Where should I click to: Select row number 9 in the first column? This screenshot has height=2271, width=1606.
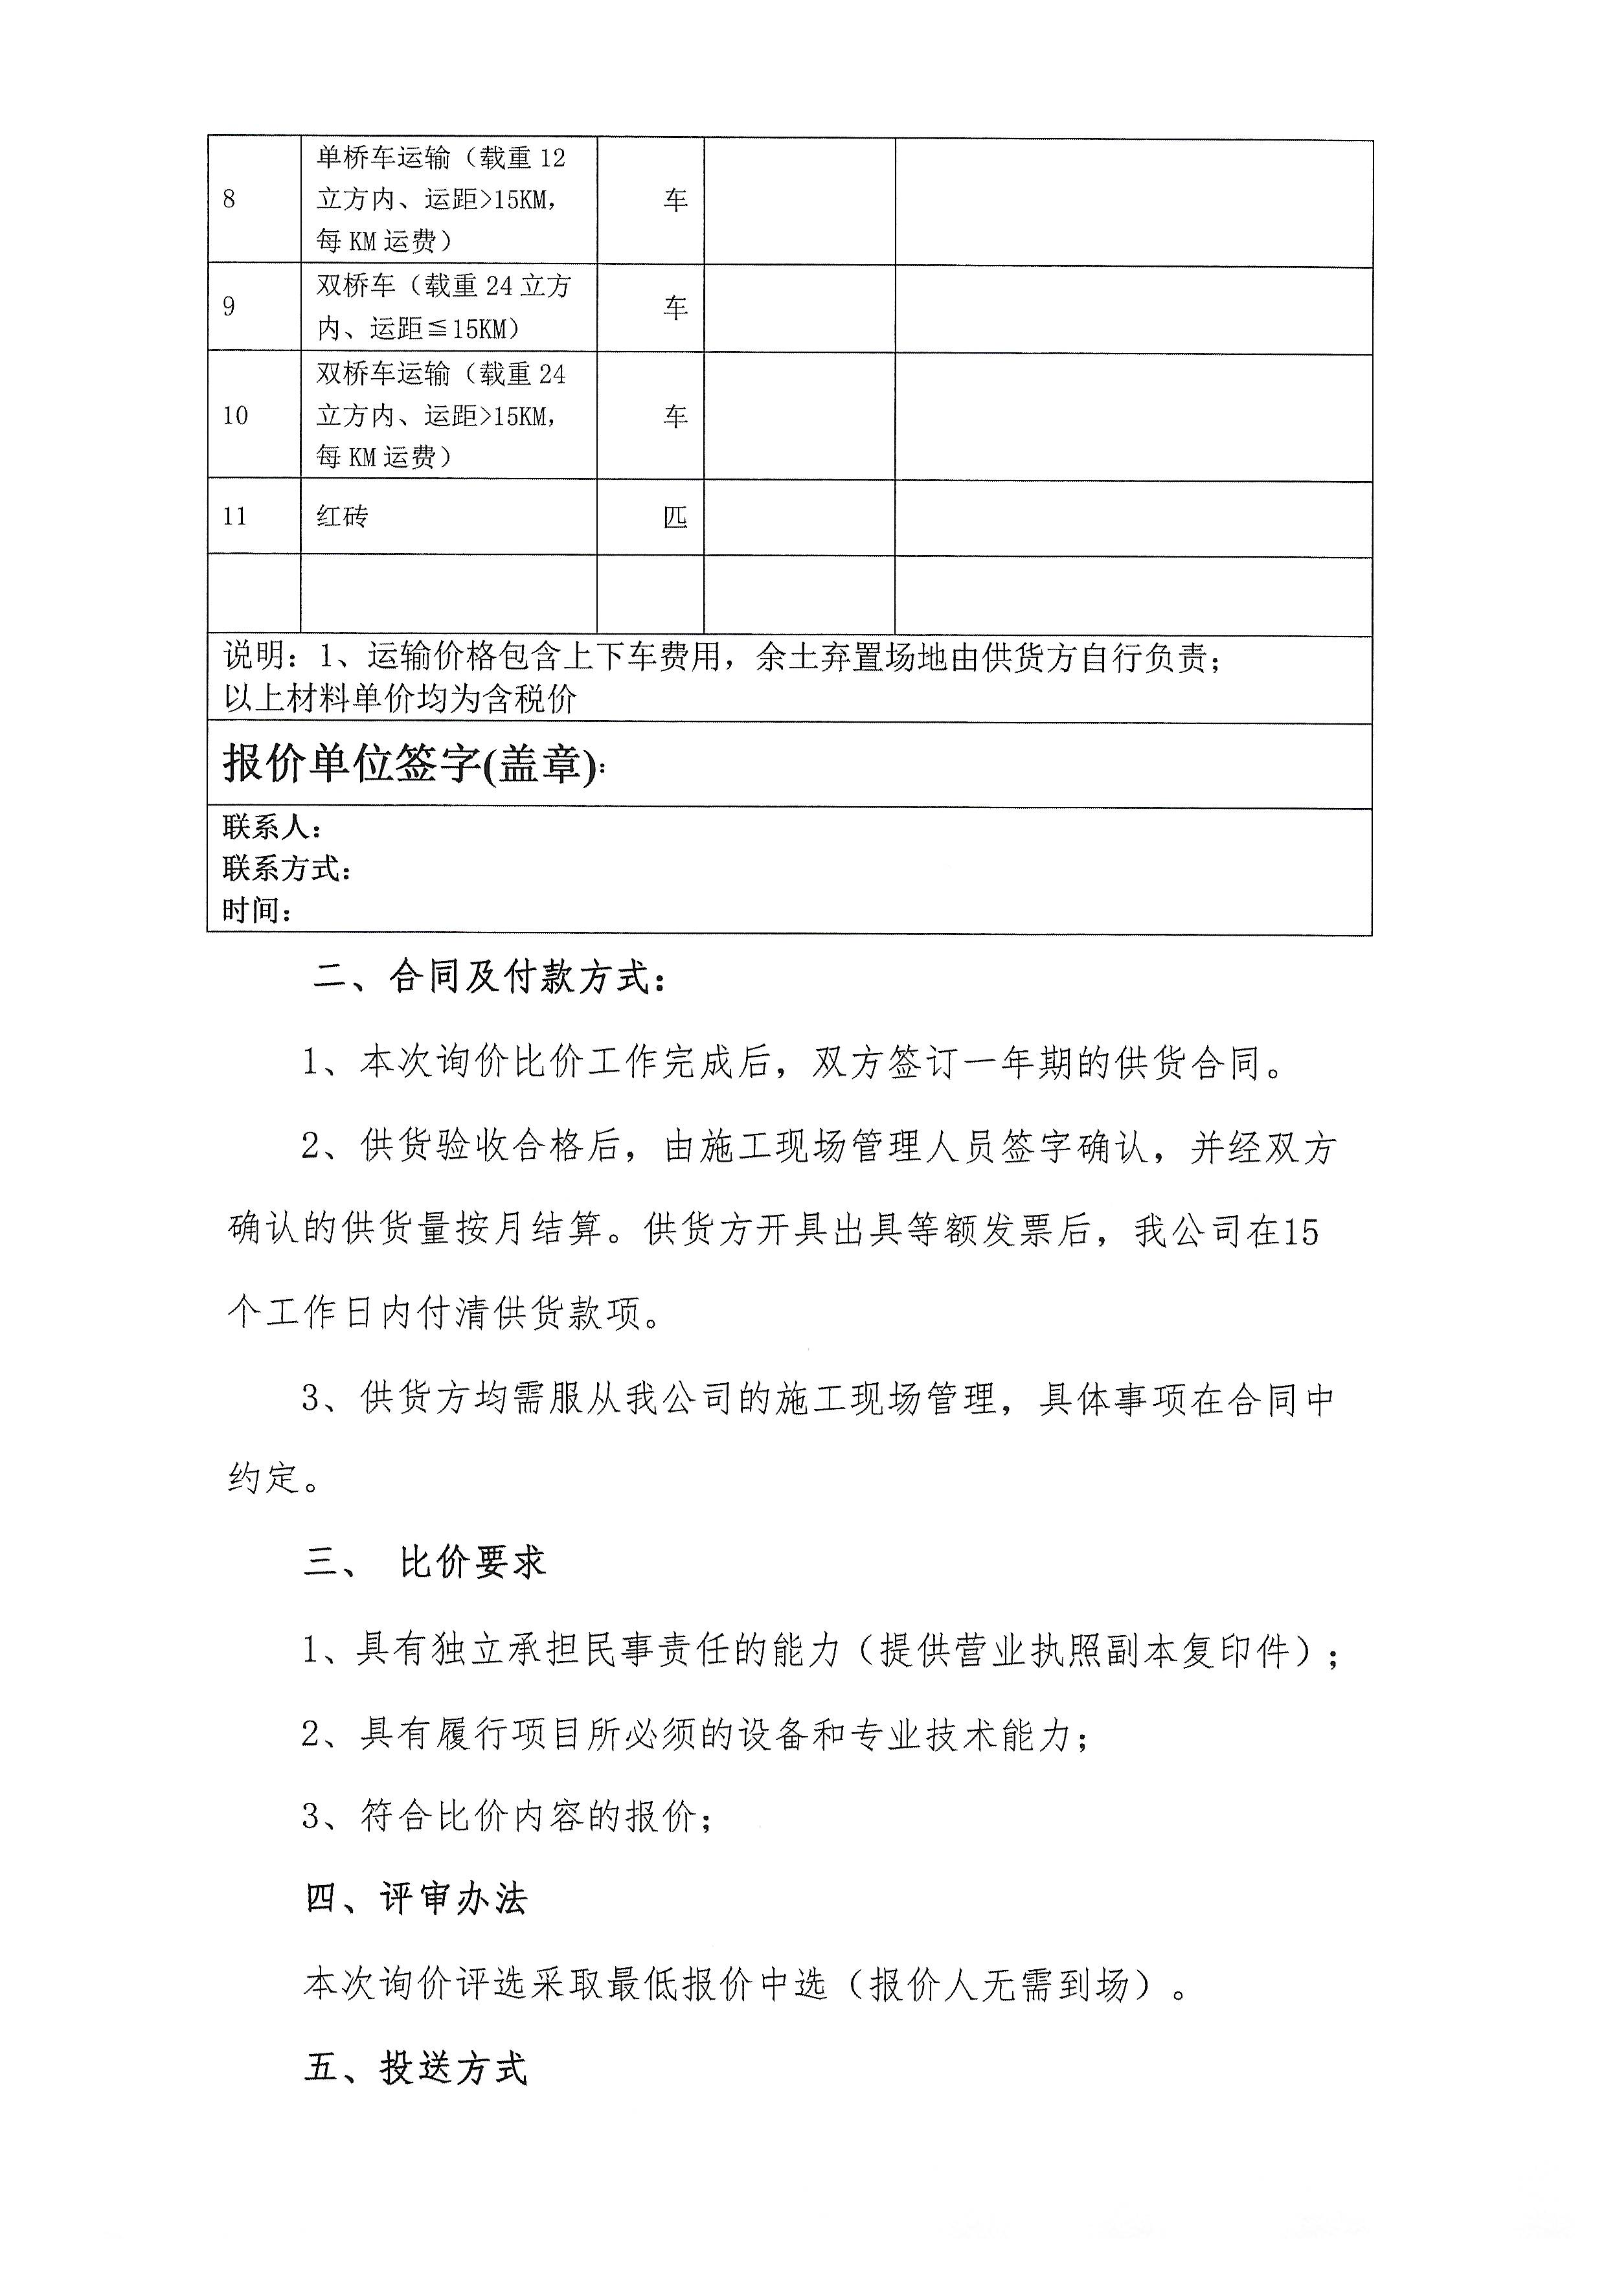(229, 307)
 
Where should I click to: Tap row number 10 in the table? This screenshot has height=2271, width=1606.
(234, 416)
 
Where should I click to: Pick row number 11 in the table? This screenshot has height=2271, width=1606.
(234, 516)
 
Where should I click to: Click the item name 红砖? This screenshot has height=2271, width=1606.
(342, 516)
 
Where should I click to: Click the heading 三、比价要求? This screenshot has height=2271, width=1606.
(425, 1563)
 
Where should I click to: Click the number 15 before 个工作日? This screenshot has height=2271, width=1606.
(1300, 1232)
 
